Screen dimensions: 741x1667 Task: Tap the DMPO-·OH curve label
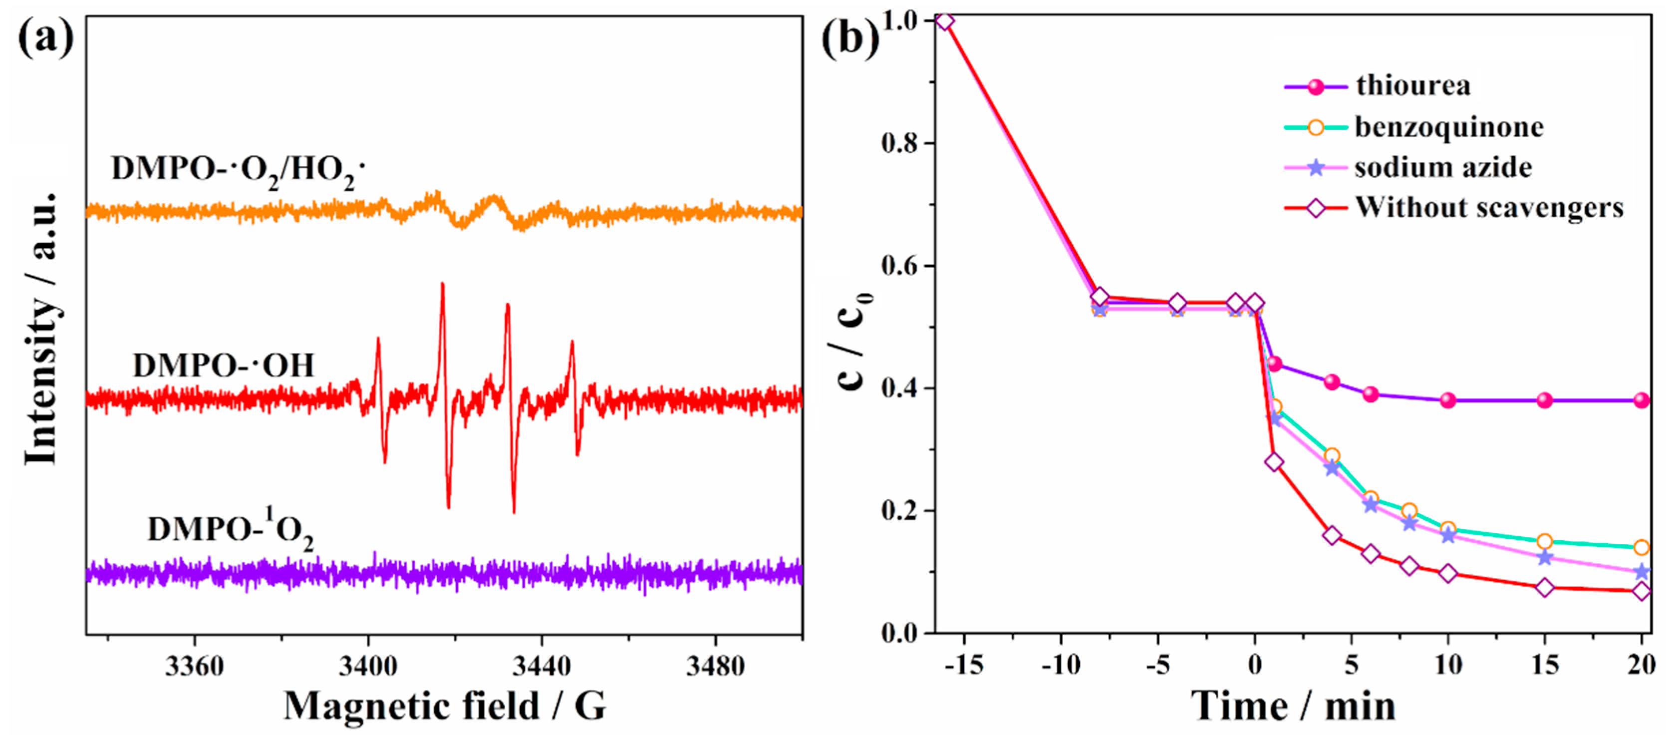[223, 366]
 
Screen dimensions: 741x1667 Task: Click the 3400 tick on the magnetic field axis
[367, 665]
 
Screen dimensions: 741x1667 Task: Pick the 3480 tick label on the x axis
[715, 665]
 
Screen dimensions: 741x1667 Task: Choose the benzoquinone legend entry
[1449, 127]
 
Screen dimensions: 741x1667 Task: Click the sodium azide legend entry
[1443, 168]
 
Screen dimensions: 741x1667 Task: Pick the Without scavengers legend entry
[1489, 208]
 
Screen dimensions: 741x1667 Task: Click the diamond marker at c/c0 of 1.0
[945, 21]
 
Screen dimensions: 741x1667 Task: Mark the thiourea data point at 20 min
[1641, 400]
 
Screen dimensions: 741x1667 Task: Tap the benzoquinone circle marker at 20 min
[1641, 547]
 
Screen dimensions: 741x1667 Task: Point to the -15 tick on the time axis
[964, 665]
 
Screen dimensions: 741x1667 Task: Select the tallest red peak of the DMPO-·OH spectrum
[443, 285]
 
